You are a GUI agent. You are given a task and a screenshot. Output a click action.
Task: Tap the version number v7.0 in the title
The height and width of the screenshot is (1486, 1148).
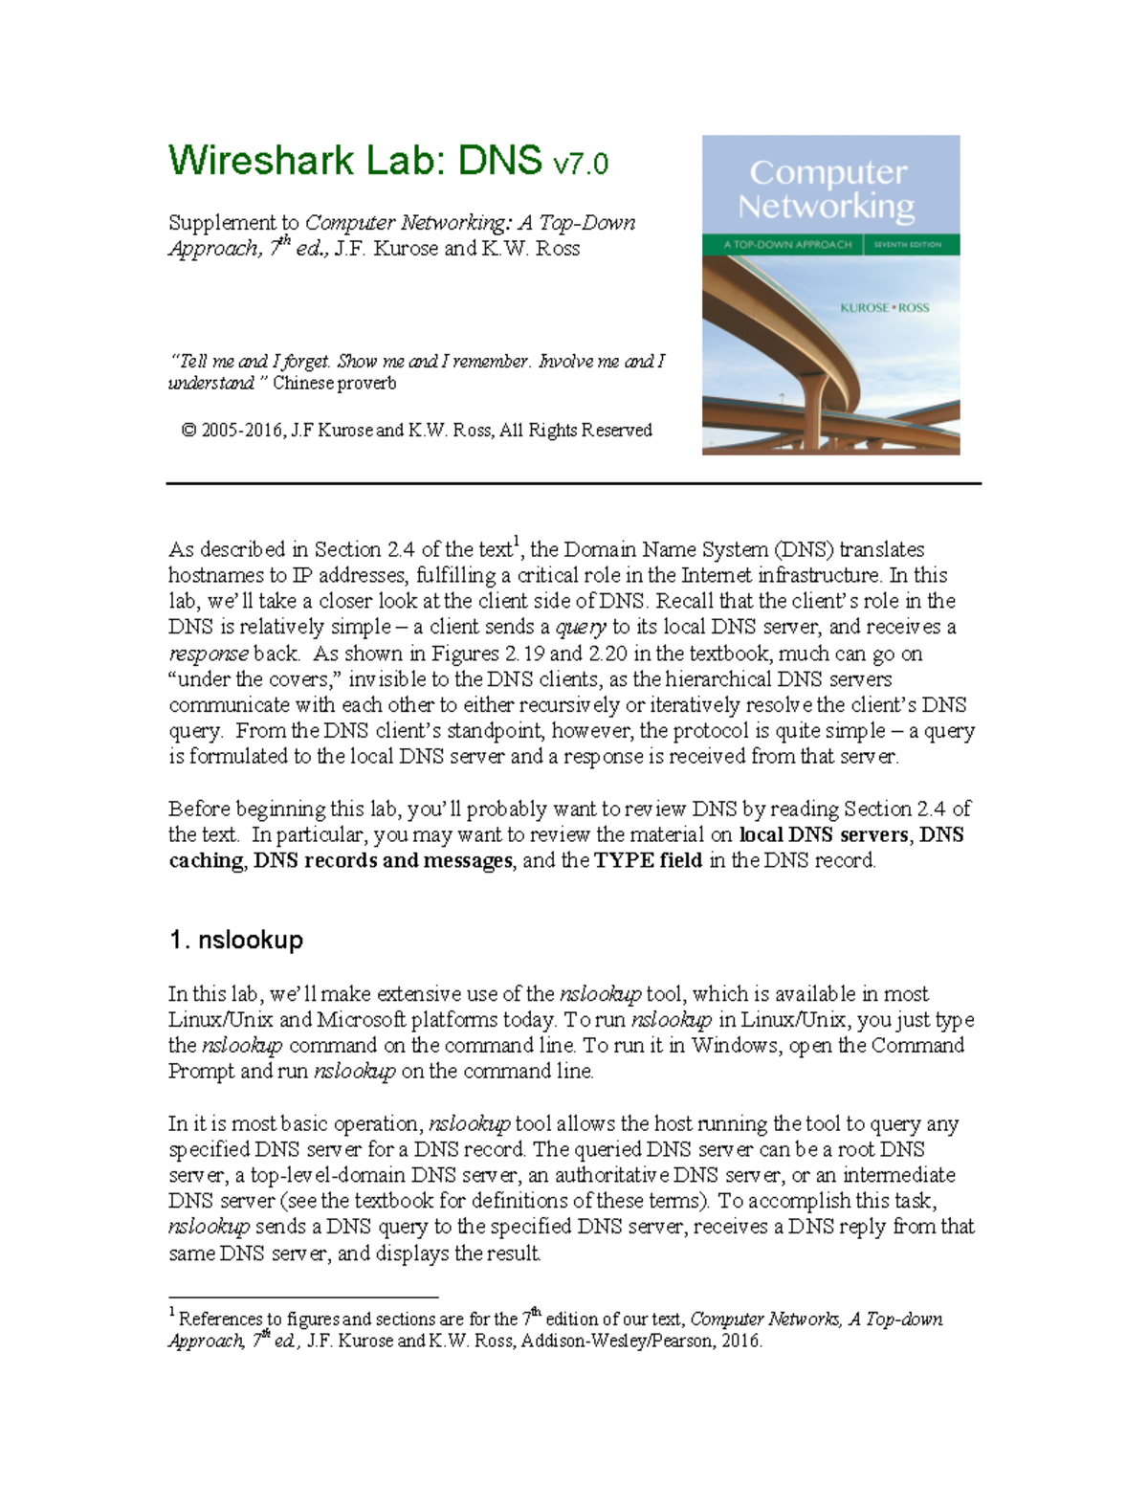[580, 164]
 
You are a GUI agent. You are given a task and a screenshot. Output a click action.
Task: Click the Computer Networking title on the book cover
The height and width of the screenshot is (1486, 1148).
[827, 189]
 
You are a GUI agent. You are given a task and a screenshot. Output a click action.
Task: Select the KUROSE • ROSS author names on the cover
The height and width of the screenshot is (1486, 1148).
[884, 308]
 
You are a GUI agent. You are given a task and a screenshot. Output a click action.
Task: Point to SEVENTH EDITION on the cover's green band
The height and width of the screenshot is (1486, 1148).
[907, 245]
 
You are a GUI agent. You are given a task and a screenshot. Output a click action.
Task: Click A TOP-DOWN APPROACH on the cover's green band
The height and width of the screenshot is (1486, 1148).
[787, 245]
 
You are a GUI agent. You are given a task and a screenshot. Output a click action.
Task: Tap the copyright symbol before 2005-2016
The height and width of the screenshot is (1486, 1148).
[188, 431]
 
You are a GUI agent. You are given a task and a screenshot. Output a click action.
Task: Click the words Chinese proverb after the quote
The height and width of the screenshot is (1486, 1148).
[334, 384]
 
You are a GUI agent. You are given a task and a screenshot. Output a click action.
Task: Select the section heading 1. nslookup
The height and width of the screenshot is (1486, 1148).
[235, 940]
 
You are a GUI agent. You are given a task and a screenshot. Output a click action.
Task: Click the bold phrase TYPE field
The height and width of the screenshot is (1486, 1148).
[648, 860]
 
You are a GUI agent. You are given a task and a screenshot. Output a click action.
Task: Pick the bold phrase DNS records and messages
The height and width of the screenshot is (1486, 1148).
[383, 860]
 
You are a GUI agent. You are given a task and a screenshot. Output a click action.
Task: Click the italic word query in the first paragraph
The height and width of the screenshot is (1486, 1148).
[581, 628]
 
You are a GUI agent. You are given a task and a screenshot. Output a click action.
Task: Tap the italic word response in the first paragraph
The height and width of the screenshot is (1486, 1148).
[209, 654]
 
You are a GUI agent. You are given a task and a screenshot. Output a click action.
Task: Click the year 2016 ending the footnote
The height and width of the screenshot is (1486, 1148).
[742, 1342]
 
